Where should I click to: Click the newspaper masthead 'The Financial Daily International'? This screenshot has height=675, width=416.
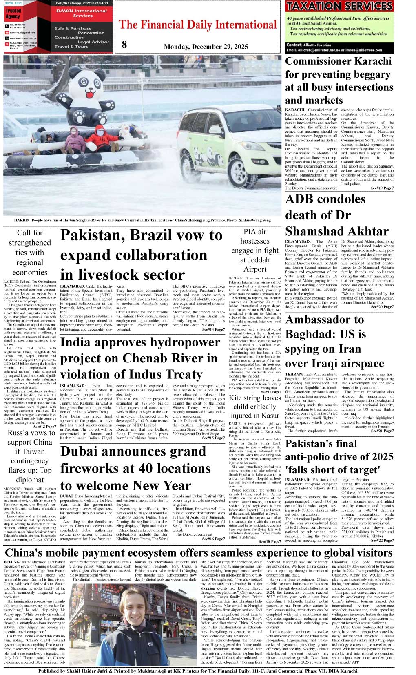(x=197, y=25)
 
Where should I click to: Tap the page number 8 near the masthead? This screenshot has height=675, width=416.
(x=124, y=45)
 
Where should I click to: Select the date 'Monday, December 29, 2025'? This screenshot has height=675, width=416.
(x=206, y=47)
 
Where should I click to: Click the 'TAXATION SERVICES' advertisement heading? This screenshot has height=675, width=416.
(x=339, y=6)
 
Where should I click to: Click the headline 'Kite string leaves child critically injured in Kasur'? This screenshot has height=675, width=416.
(x=255, y=407)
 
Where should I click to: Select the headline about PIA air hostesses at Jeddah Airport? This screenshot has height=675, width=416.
(x=255, y=250)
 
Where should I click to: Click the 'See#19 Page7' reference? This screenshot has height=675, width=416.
(x=382, y=188)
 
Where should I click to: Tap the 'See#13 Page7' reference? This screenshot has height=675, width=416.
(x=44, y=427)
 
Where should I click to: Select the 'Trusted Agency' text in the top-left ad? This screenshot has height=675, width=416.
(x=13, y=13)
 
